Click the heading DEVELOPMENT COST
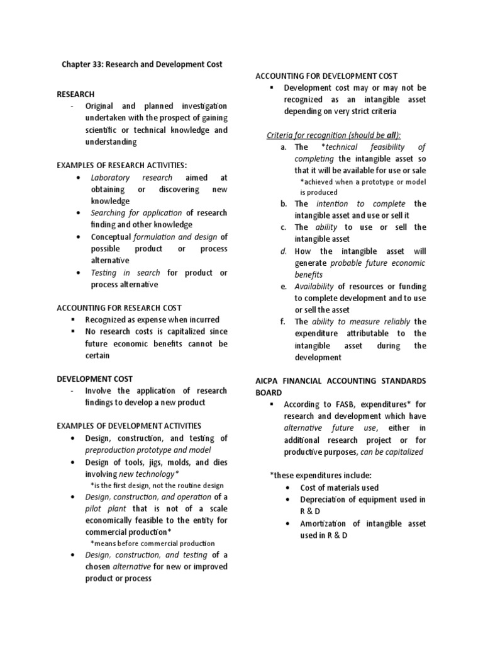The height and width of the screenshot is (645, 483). click(x=94, y=379)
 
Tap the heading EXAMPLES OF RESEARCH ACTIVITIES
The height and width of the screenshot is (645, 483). click(x=121, y=166)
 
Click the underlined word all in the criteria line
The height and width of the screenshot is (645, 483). click(x=391, y=135)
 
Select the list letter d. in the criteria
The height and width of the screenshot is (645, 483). click(x=284, y=251)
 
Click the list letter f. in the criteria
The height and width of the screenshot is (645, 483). click(x=283, y=321)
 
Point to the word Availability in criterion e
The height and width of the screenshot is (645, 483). click(x=314, y=287)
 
